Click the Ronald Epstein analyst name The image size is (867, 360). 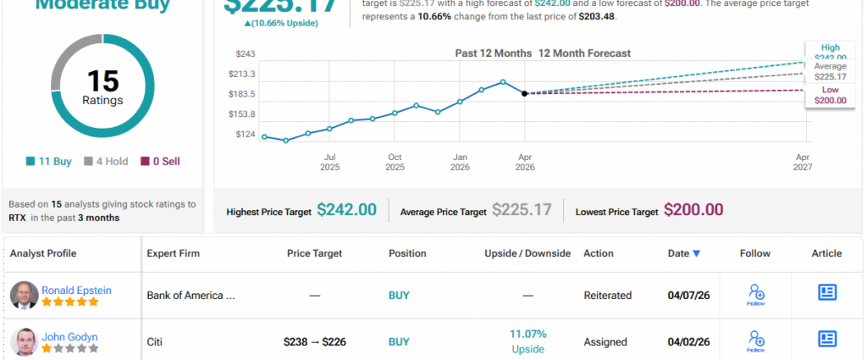click(76, 290)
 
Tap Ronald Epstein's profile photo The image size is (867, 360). click(24, 295)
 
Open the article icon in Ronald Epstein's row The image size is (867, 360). click(827, 292)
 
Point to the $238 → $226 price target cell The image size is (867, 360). click(314, 342)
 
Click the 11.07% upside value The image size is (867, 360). click(528, 334)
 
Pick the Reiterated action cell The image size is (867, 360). click(607, 296)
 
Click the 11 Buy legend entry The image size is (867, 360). click(51, 161)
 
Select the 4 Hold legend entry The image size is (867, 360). click(107, 161)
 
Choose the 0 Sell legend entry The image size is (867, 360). click(160, 161)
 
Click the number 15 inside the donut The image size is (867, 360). click(103, 81)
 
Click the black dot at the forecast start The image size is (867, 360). click(525, 93)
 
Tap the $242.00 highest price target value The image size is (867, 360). click(346, 210)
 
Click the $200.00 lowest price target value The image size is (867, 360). click(693, 210)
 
